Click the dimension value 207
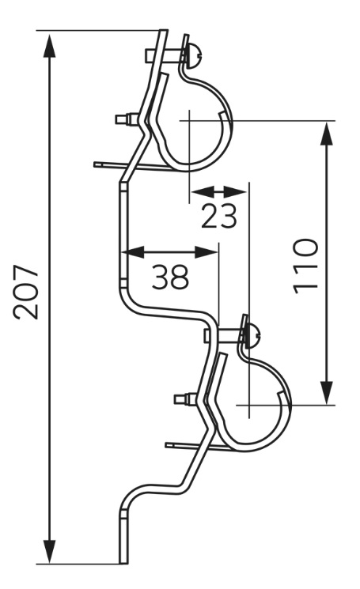coord(26,293)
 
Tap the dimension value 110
coord(305,266)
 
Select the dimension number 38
coord(170,277)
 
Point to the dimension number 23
coord(219,216)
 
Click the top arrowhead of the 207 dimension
coord(49,45)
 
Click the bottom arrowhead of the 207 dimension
coord(49,552)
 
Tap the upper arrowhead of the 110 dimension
coord(328,134)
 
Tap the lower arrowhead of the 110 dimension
coord(328,393)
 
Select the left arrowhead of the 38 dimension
coord(135,252)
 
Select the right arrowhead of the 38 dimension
coord(207,252)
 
